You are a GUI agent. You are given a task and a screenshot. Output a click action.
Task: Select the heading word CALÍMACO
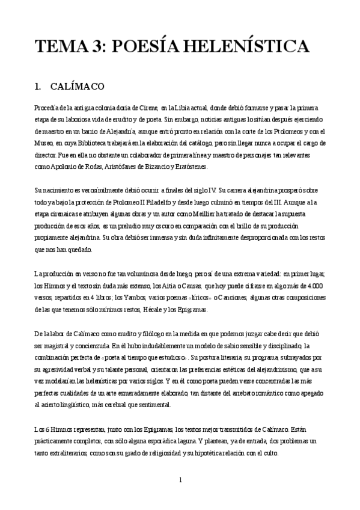(79, 86)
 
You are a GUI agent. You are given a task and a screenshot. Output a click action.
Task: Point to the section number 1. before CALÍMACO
(39, 86)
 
